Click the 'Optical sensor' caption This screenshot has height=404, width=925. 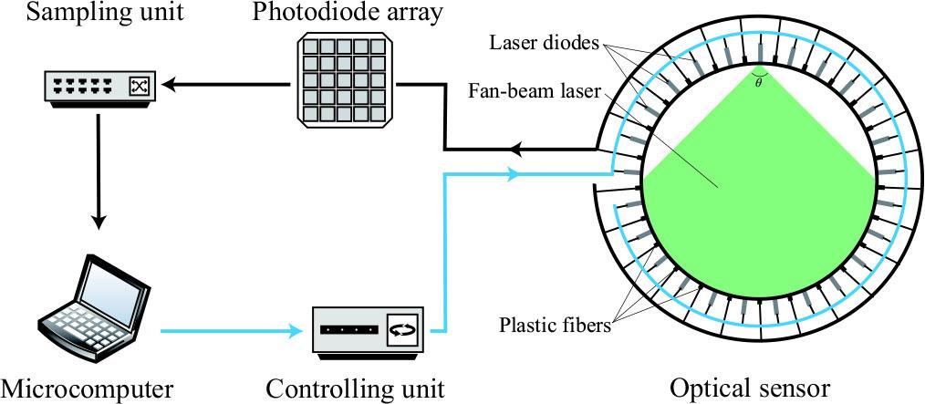pyautogui.click(x=751, y=387)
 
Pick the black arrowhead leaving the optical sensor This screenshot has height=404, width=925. pyautogui.click(x=518, y=149)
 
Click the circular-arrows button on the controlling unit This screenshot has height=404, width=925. pyautogui.click(x=400, y=329)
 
